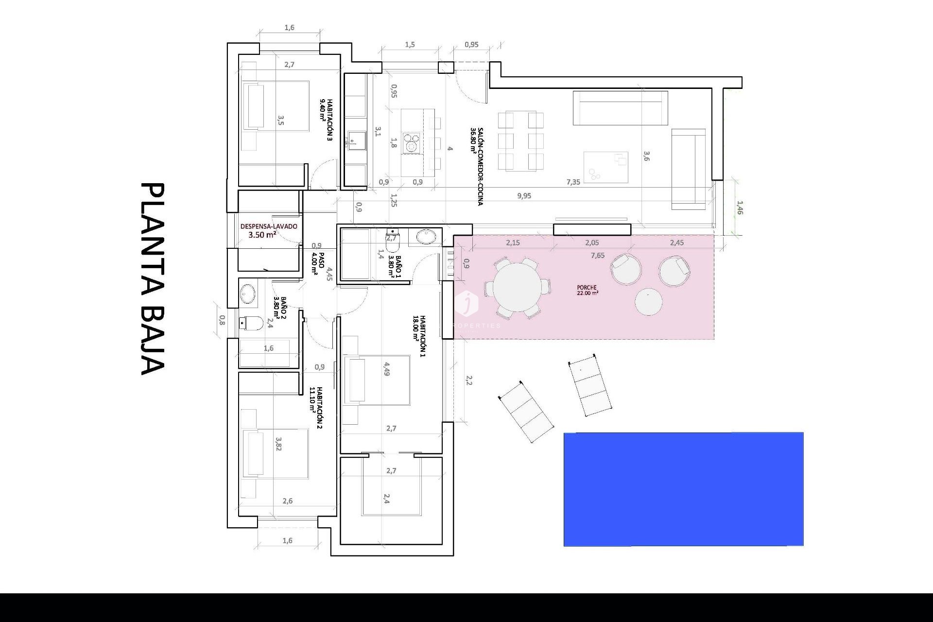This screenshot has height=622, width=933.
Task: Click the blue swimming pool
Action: pyautogui.click(x=683, y=489)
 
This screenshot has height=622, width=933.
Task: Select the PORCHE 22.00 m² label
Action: pyautogui.click(x=587, y=290)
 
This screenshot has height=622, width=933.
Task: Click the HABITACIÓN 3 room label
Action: pyautogui.click(x=326, y=120)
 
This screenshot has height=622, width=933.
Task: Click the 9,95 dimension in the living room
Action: pyautogui.click(x=524, y=196)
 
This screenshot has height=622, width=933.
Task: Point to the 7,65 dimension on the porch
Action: pyautogui.click(x=598, y=256)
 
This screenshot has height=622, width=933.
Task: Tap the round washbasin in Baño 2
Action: pyautogui.click(x=248, y=294)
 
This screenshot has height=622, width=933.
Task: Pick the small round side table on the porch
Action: pyautogui.click(x=648, y=302)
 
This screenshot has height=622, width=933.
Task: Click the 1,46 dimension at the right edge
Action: pyautogui.click(x=740, y=208)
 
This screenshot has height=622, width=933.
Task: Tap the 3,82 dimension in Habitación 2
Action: pyautogui.click(x=278, y=444)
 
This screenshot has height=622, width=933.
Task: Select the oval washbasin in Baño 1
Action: pyautogui.click(x=427, y=237)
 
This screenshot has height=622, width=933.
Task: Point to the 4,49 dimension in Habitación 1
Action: pyautogui.click(x=386, y=369)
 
